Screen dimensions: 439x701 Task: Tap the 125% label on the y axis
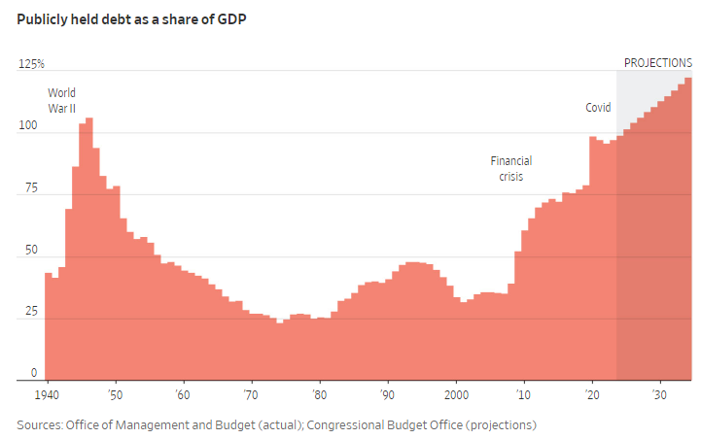point(31,64)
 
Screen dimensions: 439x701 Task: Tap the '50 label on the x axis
point(115,396)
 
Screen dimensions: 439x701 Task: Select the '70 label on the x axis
point(251,396)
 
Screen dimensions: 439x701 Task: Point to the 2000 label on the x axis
point(456,396)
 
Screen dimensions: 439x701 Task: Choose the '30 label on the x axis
point(660,396)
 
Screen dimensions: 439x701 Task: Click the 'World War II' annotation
point(62,100)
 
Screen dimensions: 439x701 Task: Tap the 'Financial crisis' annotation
point(511,169)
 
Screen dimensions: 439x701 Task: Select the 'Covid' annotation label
point(598,108)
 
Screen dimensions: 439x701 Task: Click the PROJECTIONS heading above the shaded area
point(657,63)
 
